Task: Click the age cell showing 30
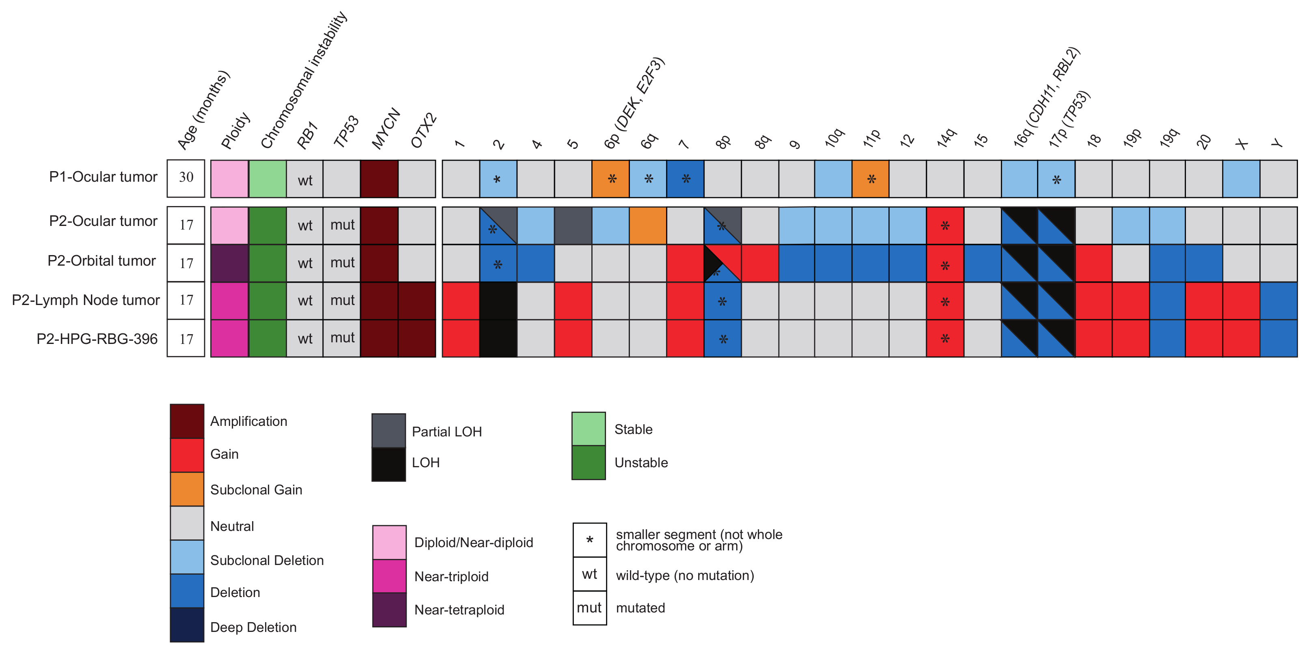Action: pos(185,178)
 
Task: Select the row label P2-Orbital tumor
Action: pos(101,261)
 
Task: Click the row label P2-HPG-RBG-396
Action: pos(97,339)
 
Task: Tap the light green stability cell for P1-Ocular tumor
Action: pos(267,178)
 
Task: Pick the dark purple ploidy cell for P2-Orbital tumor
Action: pos(229,263)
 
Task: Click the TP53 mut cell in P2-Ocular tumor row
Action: pos(342,225)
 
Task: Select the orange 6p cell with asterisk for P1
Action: pos(610,179)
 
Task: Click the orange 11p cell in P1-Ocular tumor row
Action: pos(871,179)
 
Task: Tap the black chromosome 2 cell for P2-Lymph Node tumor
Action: pos(498,301)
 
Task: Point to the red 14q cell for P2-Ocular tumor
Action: pos(944,225)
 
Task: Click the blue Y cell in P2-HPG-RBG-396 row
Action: pos(1279,338)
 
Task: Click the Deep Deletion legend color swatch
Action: pos(187,625)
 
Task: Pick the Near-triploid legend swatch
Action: pos(389,576)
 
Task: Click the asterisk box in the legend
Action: pos(589,540)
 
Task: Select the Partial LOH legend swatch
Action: pos(388,430)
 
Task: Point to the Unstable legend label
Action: pos(641,462)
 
